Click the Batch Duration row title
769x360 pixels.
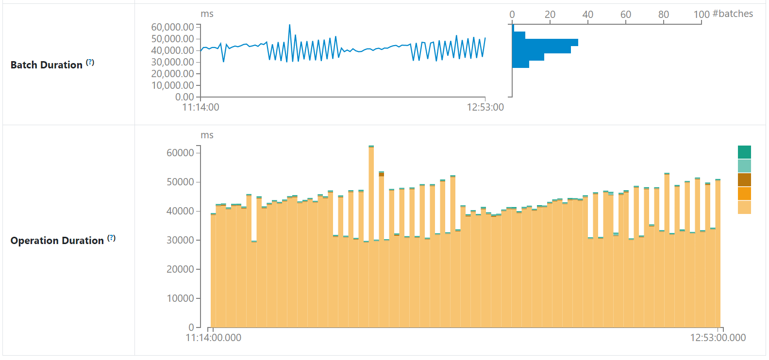(46, 65)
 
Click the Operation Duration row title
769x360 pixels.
(57, 241)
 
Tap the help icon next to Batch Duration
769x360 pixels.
(90, 63)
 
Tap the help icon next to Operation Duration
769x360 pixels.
(111, 238)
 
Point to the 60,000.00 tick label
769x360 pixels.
(173, 27)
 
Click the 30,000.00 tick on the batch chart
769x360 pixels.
(173, 62)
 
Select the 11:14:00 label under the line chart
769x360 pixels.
(201, 107)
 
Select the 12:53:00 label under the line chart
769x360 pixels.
(485, 107)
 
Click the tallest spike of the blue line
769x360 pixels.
(290, 25)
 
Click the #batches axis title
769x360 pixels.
(733, 14)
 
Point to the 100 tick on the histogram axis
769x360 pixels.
(702, 15)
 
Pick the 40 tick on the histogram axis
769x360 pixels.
(588, 15)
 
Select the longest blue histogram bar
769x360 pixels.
(545, 43)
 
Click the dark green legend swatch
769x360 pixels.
(744, 152)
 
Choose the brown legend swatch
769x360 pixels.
(744, 180)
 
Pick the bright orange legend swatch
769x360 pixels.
(744, 194)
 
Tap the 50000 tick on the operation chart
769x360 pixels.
(180, 182)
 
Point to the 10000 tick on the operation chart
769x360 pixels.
(180, 298)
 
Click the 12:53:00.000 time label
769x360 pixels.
(718, 338)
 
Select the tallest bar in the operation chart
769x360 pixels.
(371, 236)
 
